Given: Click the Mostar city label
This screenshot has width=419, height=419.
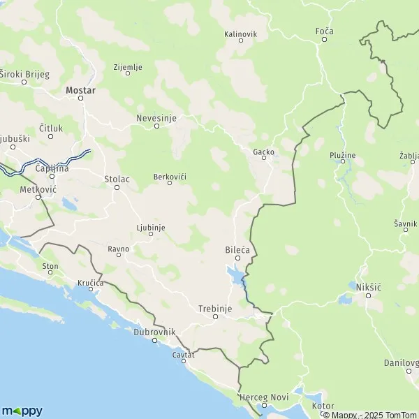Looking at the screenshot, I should coord(80,90).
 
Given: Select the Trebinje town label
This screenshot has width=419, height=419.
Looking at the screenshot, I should coord(214,308).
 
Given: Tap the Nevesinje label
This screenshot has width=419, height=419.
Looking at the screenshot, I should coord(156,118).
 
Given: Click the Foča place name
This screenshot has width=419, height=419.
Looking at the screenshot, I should coord(324,31).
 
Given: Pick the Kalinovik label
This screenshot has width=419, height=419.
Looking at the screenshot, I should coord(241,33).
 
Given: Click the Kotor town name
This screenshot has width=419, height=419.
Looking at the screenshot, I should coord(323,406).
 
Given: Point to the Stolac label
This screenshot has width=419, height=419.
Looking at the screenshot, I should coord(117,179).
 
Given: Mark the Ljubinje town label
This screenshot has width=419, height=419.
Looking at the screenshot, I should coord(150,227).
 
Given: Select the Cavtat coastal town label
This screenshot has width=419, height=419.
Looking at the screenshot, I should coord(183,355).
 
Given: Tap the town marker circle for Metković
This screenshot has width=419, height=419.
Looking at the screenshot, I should coord(40,198).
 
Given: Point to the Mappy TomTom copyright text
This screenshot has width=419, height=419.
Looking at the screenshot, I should coord(369,415).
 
